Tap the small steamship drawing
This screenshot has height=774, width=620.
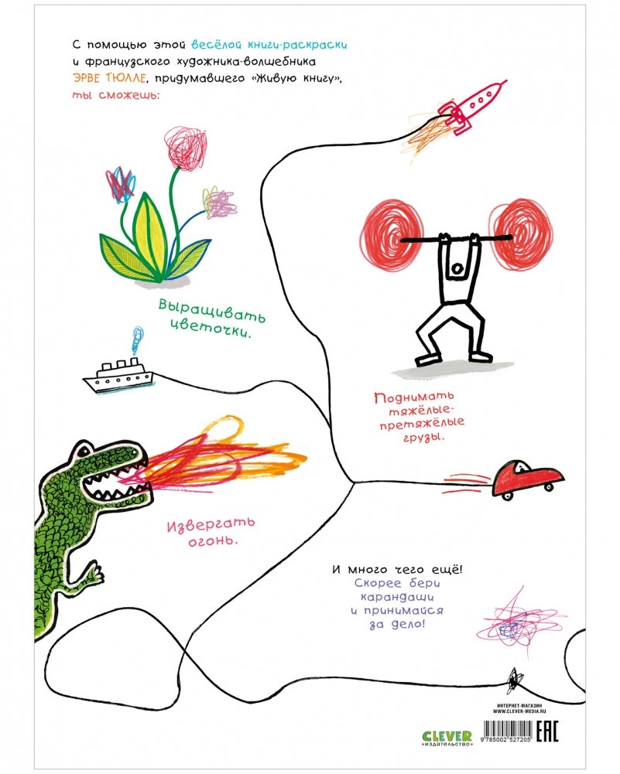coord(118,377)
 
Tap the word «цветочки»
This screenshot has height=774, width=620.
coord(204,334)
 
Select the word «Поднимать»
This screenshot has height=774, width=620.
coord(408,401)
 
